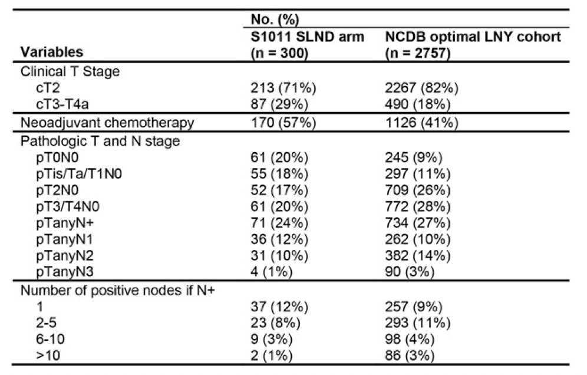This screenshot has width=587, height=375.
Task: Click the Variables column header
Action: pyautogui.click(x=52, y=52)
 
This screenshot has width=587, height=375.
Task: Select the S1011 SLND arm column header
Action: pyautogui.click(x=307, y=45)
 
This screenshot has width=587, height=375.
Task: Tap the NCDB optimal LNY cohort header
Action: pyautogui.click(x=473, y=45)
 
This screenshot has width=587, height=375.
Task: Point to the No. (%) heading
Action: pyautogui.click(x=275, y=19)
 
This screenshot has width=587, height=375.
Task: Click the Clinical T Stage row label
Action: pyautogui.click(x=70, y=71)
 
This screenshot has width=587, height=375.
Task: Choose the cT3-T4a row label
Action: pyautogui.click(x=62, y=104)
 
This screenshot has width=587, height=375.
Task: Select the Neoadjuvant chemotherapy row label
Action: pyautogui.click(x=107, y=123)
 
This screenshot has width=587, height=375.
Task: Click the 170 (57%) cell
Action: pyautogui.click(x=283, y=123)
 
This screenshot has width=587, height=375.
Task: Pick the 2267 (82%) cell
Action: pyautogui.click(x=421, y=88)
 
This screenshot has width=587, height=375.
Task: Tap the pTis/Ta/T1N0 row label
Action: pyautogui.click(x=78, y=173)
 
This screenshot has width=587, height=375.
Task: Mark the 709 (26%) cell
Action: pyautogui.click(x=417, y=190)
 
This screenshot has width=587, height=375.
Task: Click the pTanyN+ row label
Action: pyautogui.click(x=65, y=223)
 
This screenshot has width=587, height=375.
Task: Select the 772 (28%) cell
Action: pyautogui.click(x=417, y=206)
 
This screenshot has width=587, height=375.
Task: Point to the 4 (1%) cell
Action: pyautogui.click(x=272, y=271)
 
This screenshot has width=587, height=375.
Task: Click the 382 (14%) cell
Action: pyautogui.click(x=417, y=255)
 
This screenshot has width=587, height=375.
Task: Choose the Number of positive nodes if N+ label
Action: pyautogui.click(x=117, y=290)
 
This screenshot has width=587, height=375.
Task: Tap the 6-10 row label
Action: pyautogui.click(x=50, y=339)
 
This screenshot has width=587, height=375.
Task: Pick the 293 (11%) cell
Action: pyautogui.click(x=417, y=323)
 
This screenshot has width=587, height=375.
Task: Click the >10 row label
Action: pyautogui.click(x=48, y=355)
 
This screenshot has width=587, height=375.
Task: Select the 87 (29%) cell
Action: pyautogui.click(x=279, y=104)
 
